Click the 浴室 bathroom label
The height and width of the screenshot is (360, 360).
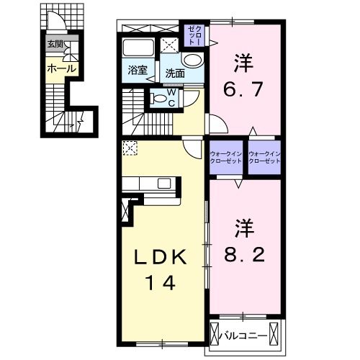138,71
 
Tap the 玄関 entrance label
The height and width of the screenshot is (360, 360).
55,45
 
